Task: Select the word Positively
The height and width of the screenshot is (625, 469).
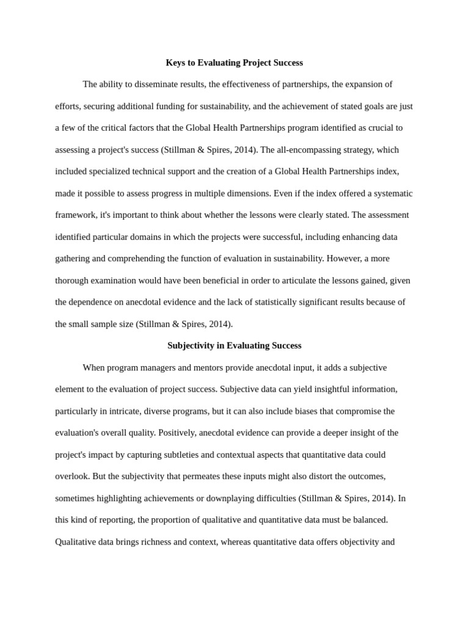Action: [178, 433]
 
